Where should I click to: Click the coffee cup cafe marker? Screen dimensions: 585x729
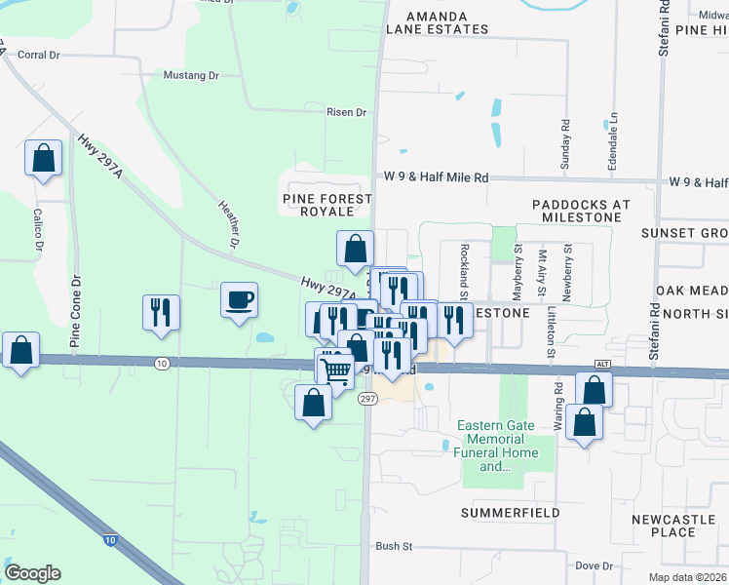(239, 299)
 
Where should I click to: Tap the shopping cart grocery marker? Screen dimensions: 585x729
(335, 368)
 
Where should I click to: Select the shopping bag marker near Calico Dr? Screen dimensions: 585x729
(44, 158)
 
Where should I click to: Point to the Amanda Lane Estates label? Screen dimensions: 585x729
(437, 23)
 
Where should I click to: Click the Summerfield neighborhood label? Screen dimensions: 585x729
(511, 512)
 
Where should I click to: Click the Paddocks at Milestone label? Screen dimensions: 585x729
(581, 212)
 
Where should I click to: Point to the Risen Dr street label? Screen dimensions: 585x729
(347, 113)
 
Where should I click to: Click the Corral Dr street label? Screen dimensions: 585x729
(39, 56)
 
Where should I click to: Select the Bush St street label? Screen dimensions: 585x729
(393, 548)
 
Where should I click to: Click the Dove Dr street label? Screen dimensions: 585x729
(594, 565)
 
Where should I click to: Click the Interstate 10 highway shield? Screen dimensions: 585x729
(110, 538)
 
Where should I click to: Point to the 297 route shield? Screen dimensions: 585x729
(367, 400)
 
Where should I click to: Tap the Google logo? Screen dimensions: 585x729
(32, 573)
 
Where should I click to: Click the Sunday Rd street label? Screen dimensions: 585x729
(565, 145)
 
